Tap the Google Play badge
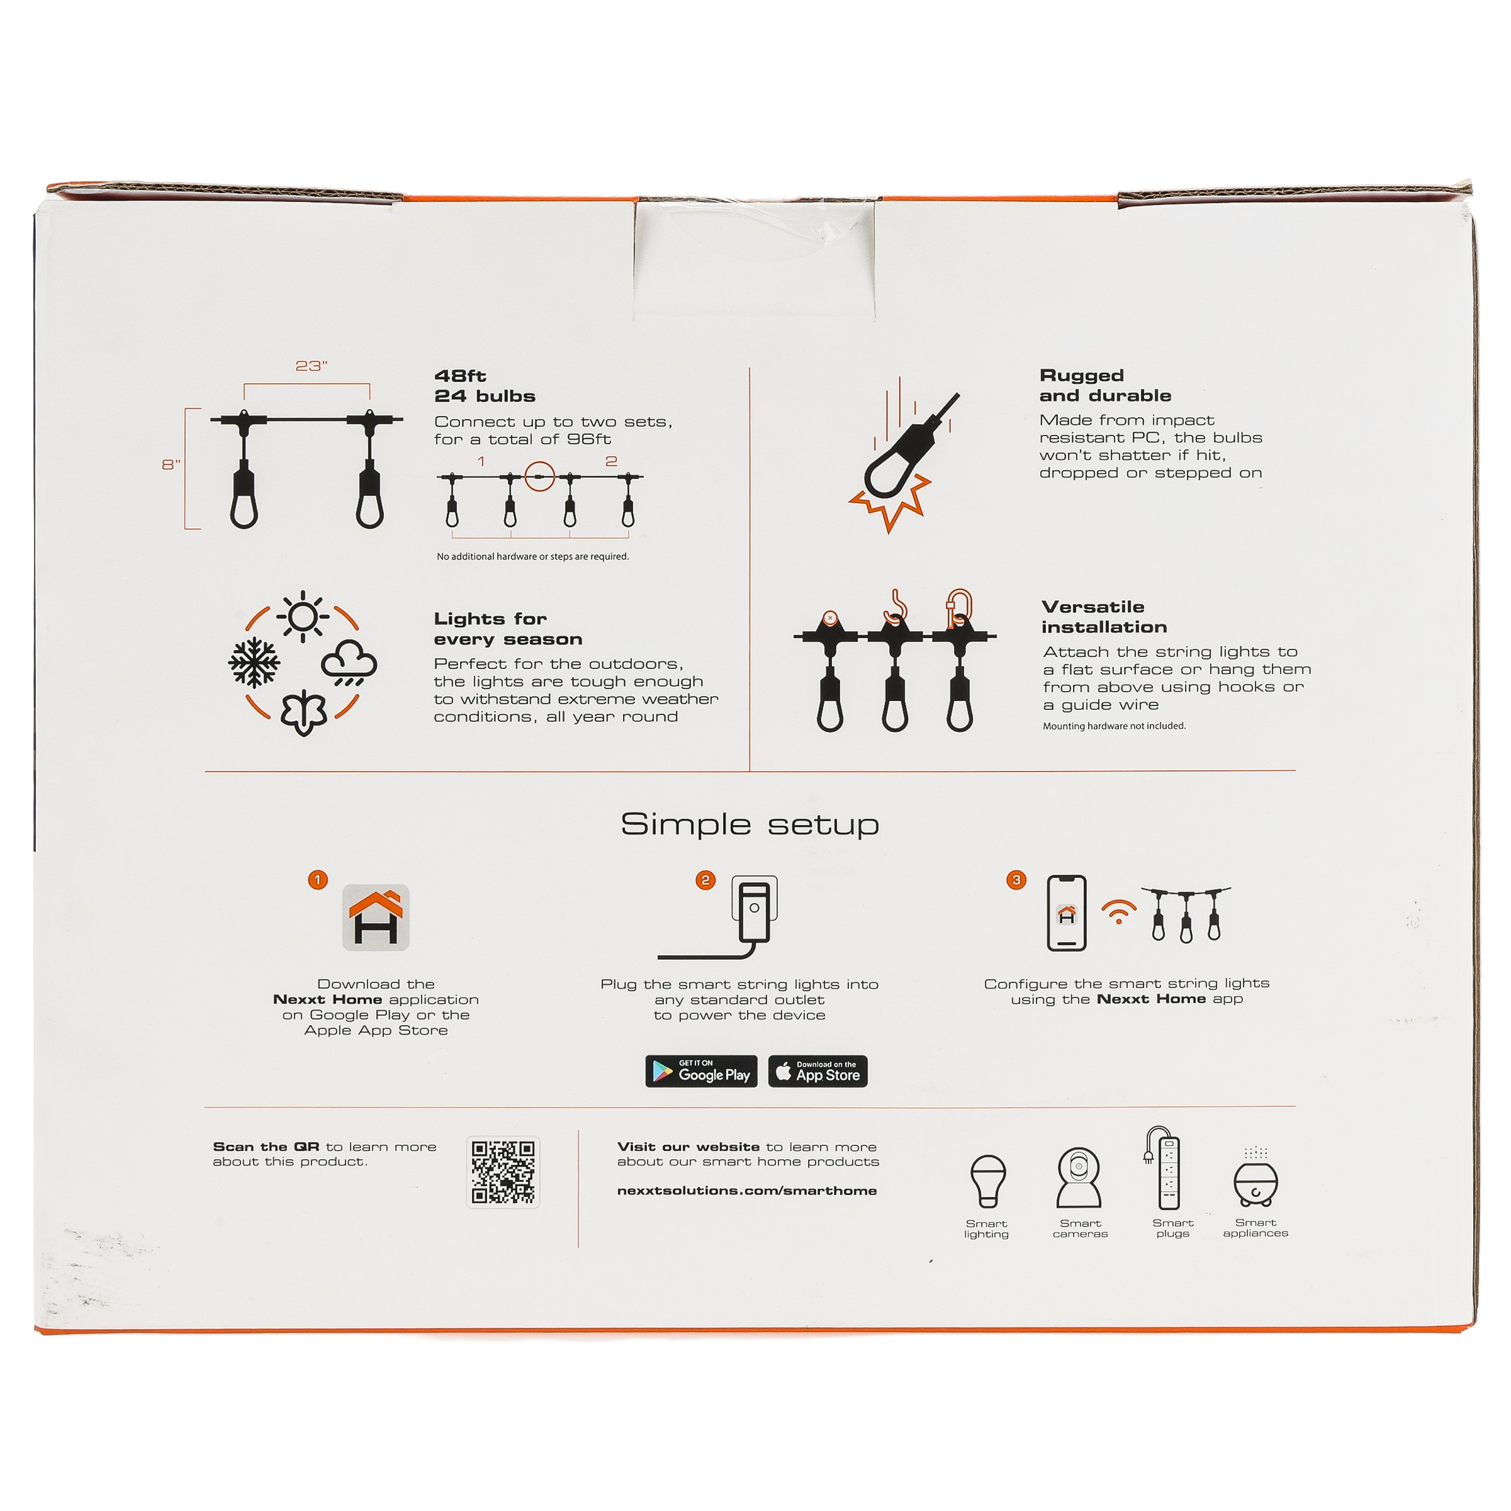[701, 1072]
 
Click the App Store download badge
[817, 1072]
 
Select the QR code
[503, 1172]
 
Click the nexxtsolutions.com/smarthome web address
[747, 1190]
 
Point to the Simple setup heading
[750, 824]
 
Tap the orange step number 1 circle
[318, 880]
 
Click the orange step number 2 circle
[705, 880]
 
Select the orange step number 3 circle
[1016, 880]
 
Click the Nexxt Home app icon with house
[376, 918]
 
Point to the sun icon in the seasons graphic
[303, 616]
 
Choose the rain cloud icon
[349, 663]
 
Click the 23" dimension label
[312, 366]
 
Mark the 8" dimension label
[171, 464]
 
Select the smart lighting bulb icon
[988, 1182]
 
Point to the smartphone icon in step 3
[1067, 913]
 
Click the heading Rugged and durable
[1105, 386]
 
